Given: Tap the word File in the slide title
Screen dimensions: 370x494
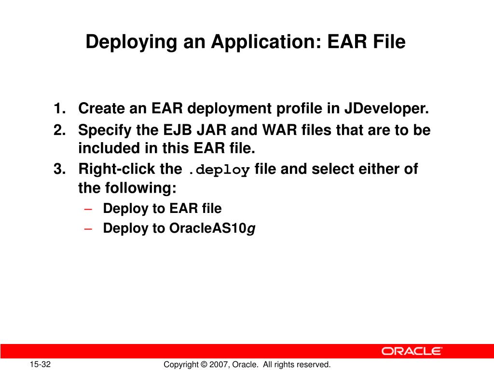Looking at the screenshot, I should tap(388, 42).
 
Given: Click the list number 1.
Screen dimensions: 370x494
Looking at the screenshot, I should tap(60, 109).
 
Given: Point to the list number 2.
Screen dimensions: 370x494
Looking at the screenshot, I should tap(60, 131).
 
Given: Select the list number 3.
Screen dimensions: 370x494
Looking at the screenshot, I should tap(60, 170).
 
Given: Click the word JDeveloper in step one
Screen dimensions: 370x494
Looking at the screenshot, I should tap(386, 109).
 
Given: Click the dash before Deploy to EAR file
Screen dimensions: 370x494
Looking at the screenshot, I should tap(87, 209).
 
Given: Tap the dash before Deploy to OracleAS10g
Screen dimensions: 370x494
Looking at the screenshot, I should tap(87, 228).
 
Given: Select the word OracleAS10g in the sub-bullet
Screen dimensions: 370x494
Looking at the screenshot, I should tap(212, 228).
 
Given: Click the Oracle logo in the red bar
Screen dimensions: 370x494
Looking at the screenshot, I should tap(412, 351).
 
